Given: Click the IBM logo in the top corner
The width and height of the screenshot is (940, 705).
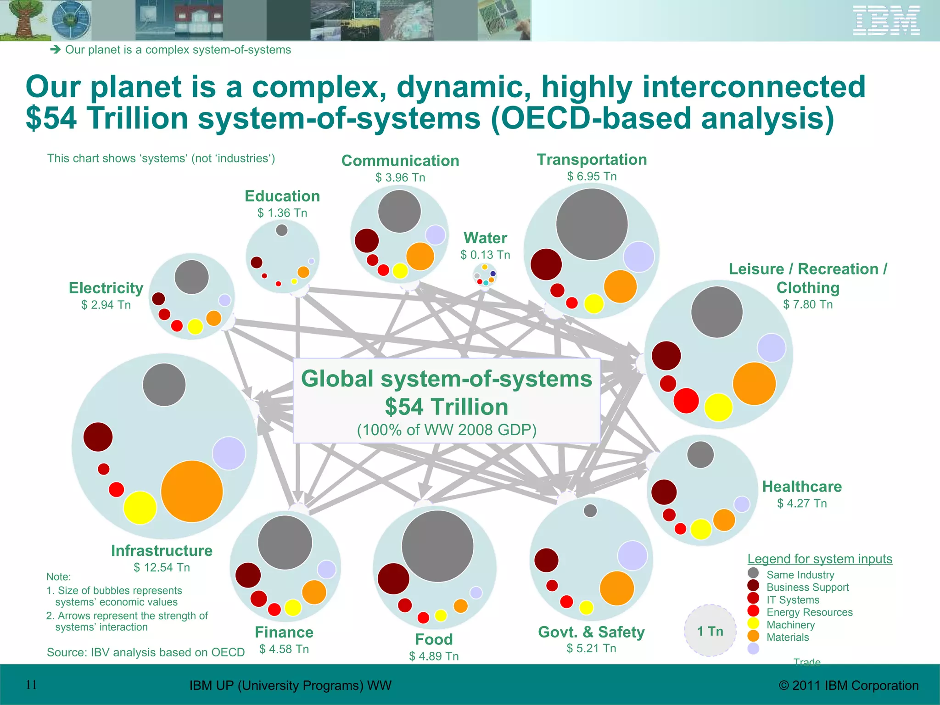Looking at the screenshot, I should (x=886, y=21).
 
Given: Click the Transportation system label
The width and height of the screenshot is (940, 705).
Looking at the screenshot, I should (x=592, y=160).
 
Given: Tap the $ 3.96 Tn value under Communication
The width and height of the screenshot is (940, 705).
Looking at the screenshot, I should (x=400, y=178).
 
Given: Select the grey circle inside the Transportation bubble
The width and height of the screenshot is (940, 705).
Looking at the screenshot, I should (x=592, y=224).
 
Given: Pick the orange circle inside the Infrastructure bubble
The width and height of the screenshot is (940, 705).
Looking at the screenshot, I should (x=192, y=492).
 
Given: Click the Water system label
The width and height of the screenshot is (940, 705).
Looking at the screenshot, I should (x=485, y=238).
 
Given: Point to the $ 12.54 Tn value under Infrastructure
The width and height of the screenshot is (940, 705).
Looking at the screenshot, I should (x=162, y=568).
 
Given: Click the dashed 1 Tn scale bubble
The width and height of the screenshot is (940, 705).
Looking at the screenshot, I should (x=710, y=631).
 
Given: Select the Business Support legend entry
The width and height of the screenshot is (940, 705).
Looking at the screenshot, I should (x=807, y=587).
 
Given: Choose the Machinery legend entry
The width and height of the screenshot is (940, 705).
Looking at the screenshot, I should (x=790, y=625).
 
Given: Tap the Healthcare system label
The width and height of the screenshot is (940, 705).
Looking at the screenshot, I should (x=802, y=487).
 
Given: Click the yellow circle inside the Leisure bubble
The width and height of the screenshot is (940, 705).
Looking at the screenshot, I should (x=718, y=407).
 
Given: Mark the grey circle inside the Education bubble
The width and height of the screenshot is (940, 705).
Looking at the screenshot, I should (x=282, y=230).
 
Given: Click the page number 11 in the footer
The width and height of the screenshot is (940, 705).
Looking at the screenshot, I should (x=31, y=685).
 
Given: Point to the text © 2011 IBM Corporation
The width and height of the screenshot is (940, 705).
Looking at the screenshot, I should (x=849, y=686).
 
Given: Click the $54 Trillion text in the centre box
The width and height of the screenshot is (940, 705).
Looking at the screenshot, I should (x=446, y=407).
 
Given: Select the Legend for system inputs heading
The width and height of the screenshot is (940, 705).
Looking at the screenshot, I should (x=820, y=559).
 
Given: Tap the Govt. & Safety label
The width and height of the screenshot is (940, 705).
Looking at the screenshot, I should (x=591, y=632).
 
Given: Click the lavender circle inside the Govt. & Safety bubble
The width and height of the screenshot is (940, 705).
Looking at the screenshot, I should (x=632, y=555).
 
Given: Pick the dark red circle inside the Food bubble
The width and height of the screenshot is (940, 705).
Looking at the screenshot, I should (x=393, y=579).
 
